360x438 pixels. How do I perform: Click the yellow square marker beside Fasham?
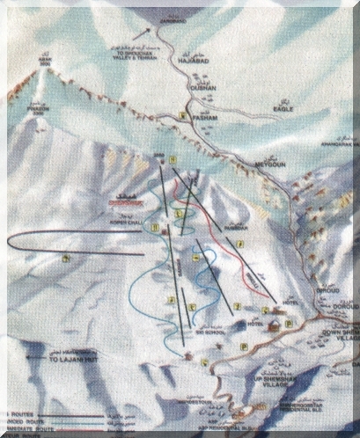(182, 115)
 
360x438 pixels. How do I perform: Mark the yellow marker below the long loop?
(68, 258)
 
